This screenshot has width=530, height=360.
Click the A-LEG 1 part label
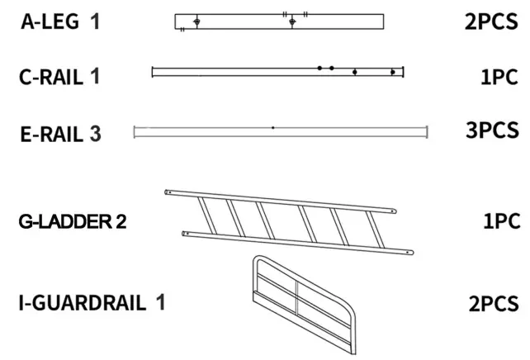click(x=61, y=21)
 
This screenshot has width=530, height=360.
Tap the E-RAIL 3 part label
click(x=61, y=132)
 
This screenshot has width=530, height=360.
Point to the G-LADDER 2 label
click(x=73, y=222)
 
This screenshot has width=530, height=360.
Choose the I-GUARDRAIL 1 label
click(x=92, y=302)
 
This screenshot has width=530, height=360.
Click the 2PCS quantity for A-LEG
click(x=491, y=21)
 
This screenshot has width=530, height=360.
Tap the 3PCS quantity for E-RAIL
click(x=491, y=130)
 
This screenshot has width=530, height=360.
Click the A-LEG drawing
click(x=280, y=21)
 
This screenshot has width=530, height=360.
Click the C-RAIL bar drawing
click(x=277, y=73)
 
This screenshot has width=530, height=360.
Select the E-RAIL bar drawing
click(x=281, y=129)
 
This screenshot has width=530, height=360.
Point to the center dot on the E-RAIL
click(x=272, y=128)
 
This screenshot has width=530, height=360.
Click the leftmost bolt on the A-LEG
click(x=196, y=21)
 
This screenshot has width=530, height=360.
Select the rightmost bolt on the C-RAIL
click(x=393, y=73)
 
